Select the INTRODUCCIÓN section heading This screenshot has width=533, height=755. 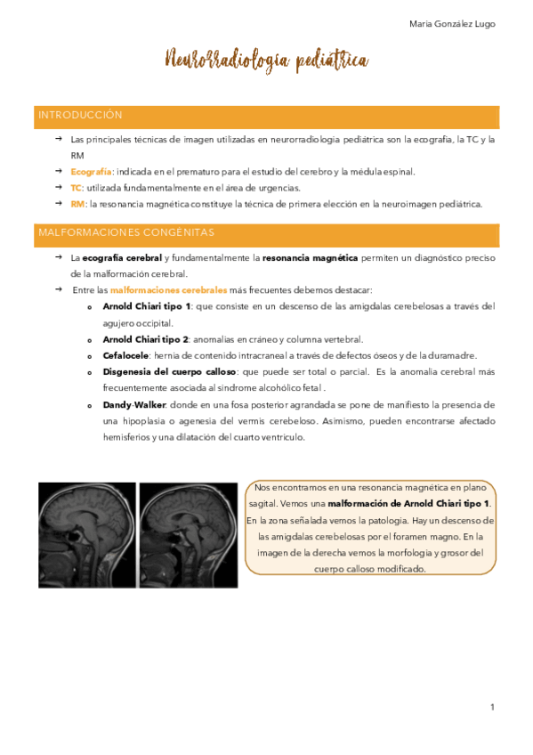pyautogui.click(x=80, y=116)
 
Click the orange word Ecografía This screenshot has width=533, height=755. pyautogui.click(x=91, y=171)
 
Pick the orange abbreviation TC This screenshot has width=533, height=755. pyautogui.click(x=76, y=187)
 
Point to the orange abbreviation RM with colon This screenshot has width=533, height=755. pyautogui.click(x=77, y=204)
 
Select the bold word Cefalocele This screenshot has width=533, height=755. pyautogui.click(x=126, y=355)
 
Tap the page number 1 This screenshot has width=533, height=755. pyautogui.click(x=492, y=707)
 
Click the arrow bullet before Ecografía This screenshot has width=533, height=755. pyautogui.click(x=56, y=171)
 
